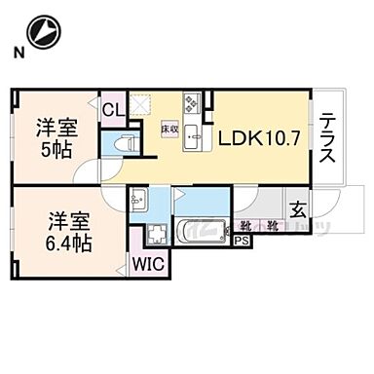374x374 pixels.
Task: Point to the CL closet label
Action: tap(113, 110)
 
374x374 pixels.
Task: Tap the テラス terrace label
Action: tap(328, 138)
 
